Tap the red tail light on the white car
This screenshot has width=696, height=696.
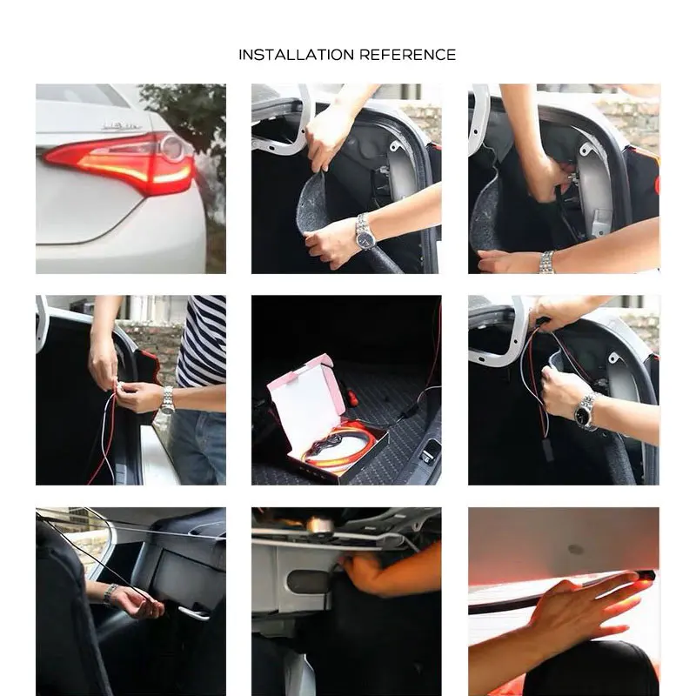pyautogui.click(x=122, y=162)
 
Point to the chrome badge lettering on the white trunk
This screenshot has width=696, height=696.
pyautogui.click(x=119, y=126)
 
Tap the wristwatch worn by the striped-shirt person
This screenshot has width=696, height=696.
pyautogui.click(x=167, y=399)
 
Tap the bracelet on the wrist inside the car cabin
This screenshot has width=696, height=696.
pyautogui.click(x=110, y=594)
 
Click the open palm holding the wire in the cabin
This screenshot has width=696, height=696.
pyautogui.click(x=139, y=601)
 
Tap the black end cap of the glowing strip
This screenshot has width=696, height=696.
pyautogui.click(x=646, y=575)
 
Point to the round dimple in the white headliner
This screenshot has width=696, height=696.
pyautogui.click(x=576, y=550)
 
